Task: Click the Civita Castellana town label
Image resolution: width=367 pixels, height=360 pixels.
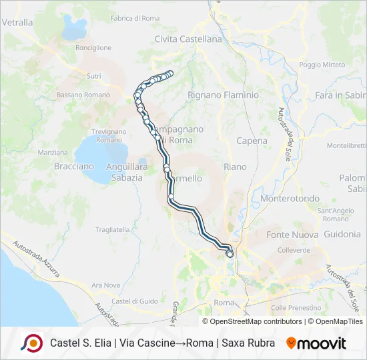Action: (x=188, y=39)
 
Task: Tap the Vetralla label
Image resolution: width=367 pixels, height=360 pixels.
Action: (x=17, y=22)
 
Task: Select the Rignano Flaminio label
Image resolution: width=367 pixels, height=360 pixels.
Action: (x=223, y=95)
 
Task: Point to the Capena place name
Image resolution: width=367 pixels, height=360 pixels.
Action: (x=252, y=141)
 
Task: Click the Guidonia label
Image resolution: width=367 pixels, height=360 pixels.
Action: (x=342, y=235)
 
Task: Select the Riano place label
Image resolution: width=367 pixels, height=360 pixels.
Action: (x=235, y=167)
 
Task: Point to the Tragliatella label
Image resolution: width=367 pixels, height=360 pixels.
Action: (x=111, y=229)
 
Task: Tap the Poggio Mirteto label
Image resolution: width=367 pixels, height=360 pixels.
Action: (x=322, y=65)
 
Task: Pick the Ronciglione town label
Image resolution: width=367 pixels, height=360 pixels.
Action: (x=93, y=48)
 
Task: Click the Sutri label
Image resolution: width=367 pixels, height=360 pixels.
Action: (x=93, y=77)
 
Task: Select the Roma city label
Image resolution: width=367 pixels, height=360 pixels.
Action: (x=224, y=303)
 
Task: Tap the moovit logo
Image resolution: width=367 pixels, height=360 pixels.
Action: (x=316, y=343)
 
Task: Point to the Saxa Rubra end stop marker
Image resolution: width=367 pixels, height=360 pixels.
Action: (x=230, y=254)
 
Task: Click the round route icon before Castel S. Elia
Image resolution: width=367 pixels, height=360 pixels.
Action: (x=31, y=343)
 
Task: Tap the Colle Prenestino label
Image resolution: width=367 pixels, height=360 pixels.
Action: (x=297, y=308)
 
